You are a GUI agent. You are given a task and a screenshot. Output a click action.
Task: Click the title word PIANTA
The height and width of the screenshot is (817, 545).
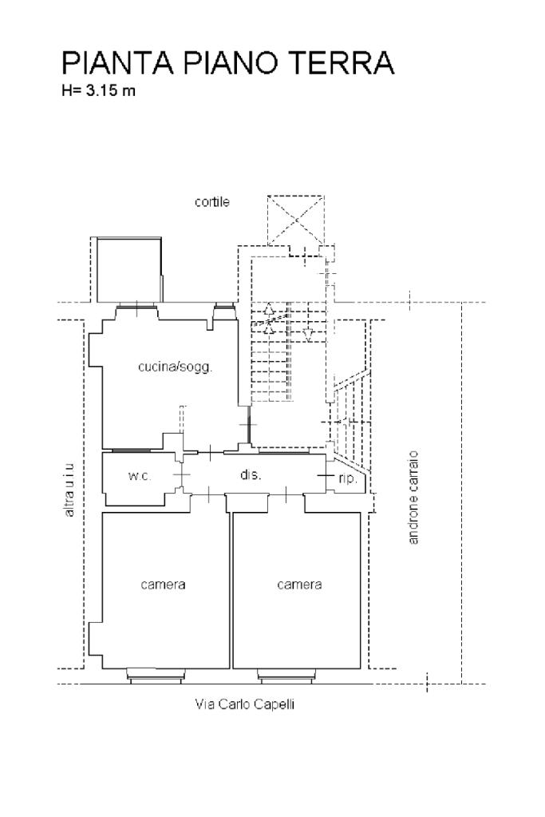coord(117,63)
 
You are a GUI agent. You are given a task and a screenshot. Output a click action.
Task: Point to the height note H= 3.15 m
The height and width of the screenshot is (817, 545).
coord(98,90)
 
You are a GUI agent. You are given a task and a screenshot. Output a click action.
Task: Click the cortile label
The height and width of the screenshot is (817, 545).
coord(212,201)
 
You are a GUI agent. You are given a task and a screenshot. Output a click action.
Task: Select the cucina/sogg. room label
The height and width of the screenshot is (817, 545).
coord(176,367)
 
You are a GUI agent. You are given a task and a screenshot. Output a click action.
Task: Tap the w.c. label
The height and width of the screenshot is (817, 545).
coord(139,476)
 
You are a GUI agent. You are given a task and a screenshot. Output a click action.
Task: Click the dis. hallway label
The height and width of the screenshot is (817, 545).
coord(251,474)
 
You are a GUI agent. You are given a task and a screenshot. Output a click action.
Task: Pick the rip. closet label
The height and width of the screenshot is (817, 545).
coord(348,478)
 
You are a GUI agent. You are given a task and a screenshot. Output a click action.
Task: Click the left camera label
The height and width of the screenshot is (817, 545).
coord(163,585)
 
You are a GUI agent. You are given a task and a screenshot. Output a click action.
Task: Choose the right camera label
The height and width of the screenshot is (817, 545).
coord(299,585)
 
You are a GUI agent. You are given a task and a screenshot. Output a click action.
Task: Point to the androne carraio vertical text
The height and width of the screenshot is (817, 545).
coord(413,497)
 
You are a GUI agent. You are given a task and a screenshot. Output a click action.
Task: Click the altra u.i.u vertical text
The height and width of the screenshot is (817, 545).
coord(69,490)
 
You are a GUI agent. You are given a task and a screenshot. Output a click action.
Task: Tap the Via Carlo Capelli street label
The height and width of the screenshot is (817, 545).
coord(245,704)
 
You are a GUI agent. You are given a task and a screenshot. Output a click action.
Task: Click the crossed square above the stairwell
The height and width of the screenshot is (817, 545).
coord(296,220)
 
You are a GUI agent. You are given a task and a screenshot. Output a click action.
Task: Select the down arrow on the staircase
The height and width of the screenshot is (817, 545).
coord(308,334)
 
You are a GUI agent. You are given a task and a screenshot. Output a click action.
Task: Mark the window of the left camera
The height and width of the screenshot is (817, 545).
coord(156,676)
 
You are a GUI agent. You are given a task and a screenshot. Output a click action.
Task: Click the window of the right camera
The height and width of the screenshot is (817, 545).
coord(286,676)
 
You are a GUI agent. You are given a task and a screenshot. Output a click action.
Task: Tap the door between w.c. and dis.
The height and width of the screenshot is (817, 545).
coord(182,475)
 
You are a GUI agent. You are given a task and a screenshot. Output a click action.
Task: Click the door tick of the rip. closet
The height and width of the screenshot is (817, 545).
coord(326,476)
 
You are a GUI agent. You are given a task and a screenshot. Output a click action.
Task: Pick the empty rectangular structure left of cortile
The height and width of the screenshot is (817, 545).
coord(129,270)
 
